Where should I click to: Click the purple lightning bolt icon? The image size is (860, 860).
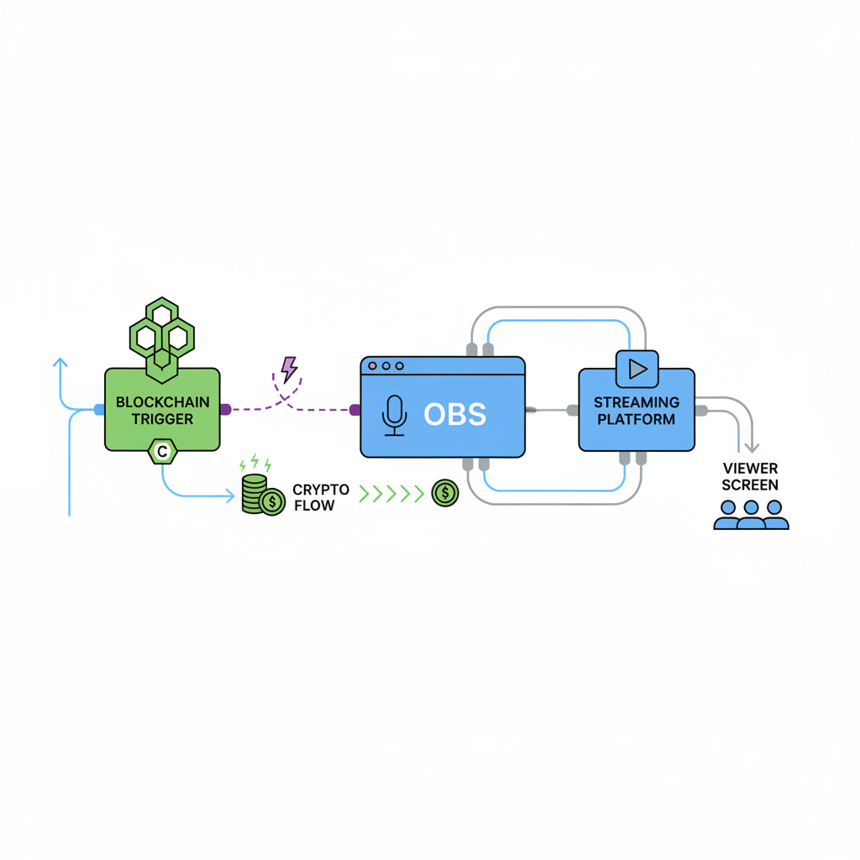[289, 369]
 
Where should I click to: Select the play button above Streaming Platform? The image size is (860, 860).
[637, 369]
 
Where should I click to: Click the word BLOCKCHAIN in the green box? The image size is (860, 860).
[162, 402]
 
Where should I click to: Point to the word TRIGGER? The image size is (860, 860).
[162, 418]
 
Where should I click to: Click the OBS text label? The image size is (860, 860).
[454, 415]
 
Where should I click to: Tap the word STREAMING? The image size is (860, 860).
[637, 403]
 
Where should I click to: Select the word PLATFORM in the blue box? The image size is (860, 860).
[637, 419]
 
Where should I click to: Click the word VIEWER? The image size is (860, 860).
[750, 469]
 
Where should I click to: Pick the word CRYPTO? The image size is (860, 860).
[321, 490]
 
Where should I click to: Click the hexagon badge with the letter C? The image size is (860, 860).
[162, 453]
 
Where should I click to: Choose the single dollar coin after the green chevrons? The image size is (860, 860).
[445, 493]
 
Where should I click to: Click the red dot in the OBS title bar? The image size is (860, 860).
[373, 366]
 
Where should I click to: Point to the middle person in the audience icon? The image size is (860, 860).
[751, 515]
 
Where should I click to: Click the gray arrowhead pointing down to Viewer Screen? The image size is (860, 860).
[752, 447]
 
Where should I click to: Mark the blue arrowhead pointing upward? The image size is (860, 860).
[60, 363]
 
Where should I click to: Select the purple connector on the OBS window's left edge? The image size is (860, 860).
[354, 410]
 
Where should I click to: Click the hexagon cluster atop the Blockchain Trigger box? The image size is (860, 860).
[162, 336]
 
